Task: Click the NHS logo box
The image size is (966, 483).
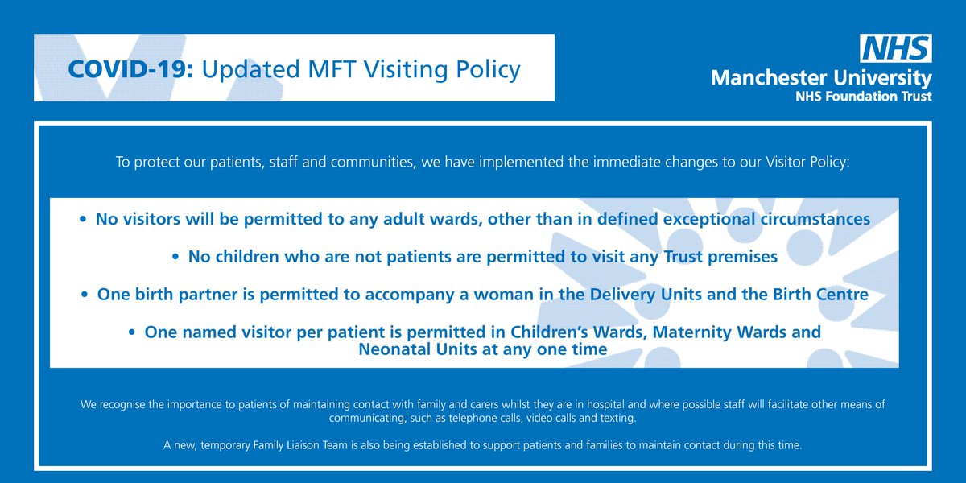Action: click(x=897, y=50)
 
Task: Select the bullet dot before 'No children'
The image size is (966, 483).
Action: click(x=176, y=258)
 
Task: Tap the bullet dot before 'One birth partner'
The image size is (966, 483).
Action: click(x=85, y=295)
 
